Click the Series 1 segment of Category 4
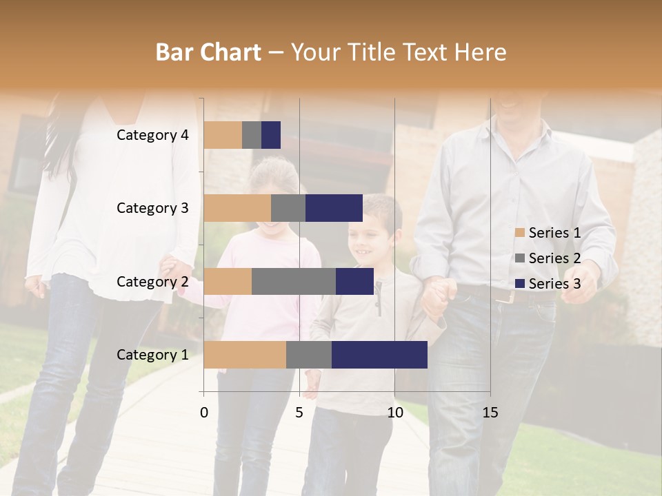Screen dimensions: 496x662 [x=223, y=135]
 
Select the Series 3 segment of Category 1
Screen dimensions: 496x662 [x=379, y=355]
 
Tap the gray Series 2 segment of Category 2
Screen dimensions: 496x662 [x=294, y=281]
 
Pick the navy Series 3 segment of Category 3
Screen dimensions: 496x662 [x=334, y=208]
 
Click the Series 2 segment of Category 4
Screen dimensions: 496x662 [x=252, y=135]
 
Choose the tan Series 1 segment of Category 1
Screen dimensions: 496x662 [x=245, y=355]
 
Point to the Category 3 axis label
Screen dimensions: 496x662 [x=152, y=208]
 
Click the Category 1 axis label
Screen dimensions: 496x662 [x=152, y=355]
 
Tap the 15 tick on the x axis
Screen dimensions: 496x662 [x=490, y=413]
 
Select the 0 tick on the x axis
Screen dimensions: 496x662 [x=204, y=413]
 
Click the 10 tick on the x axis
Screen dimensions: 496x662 [x=394, y=413]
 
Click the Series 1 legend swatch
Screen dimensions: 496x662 [x=519, y=233]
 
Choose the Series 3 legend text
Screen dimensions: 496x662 [x=554, y=284]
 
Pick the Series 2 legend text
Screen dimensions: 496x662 [x=554, y=258]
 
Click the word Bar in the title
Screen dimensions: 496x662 [x=172, y=52]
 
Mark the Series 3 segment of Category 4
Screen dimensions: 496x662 [x=271, y=135]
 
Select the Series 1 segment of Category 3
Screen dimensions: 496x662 [x=237, y=208]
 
